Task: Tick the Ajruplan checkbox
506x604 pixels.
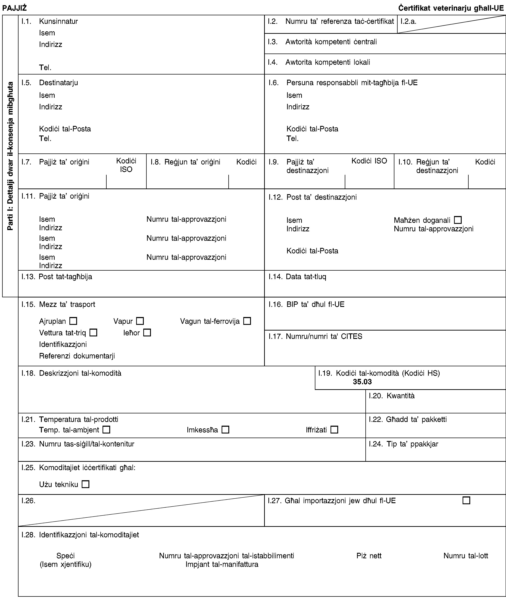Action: (73, 321)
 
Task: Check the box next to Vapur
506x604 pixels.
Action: (140, 321)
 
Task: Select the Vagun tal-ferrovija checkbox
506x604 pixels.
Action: (247, 321)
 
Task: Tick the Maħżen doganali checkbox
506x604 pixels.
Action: (458, 220)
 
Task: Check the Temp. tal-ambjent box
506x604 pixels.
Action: (106, 430)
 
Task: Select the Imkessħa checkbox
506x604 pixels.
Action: (225, 430)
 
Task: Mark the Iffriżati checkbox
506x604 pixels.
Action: (334, 430)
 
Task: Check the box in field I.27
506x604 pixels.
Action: (466, 501)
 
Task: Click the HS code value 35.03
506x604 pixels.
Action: (362, 382)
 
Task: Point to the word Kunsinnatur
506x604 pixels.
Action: (58, 21)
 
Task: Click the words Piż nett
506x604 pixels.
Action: (369, 556)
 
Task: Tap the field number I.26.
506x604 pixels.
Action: (28, 501)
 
